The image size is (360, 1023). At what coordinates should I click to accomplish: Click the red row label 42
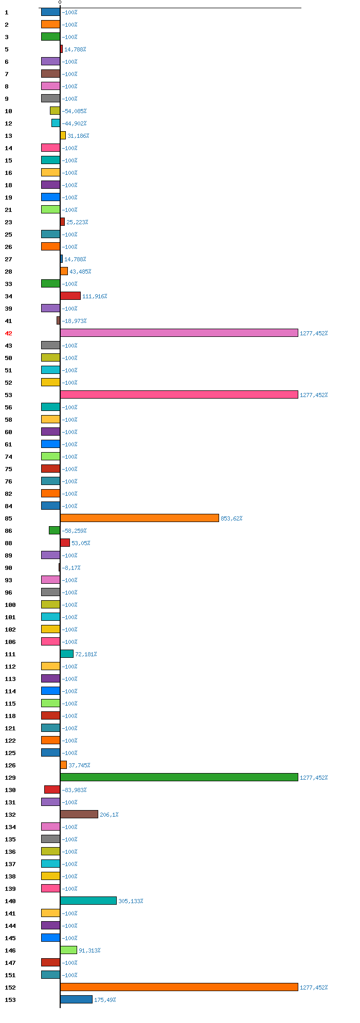[x=8, y=333]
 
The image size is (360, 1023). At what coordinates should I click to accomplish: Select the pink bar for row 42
[x=179, y=333]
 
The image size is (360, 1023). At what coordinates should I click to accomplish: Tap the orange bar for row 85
[x=139, y=518]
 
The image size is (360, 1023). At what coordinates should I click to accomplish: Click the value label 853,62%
[x=231, y=518]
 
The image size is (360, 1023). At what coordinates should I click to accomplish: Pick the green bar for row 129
[x=179, y=777]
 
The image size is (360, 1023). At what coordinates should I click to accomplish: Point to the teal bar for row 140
[x=88, y=901]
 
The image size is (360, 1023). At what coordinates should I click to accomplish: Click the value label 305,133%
[x=131, y=901]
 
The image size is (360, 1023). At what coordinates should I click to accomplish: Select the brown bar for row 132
[x=79, y=814]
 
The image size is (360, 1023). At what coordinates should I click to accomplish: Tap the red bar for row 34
[x=70, y=296]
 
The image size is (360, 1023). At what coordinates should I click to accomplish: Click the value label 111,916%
[x=95, y=296]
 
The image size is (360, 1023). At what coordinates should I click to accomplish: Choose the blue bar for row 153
[x=76, y=999]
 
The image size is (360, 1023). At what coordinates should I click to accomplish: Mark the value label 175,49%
[x=105, y=1000]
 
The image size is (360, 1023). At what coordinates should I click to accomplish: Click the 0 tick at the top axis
[x=60, y=3]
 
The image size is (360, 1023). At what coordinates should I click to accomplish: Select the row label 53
[x=8, y=395]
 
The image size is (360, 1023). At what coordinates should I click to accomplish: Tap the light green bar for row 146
[x=68, y=950]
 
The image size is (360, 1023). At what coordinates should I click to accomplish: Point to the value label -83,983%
[x=74, y=790]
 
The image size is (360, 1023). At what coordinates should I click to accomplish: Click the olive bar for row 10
[x=55, y=111]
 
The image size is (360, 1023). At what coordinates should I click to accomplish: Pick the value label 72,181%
[x=86, y=654]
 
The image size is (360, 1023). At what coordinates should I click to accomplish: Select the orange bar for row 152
[x=179, y=987]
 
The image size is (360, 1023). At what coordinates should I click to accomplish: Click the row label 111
[x=10, y=654]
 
